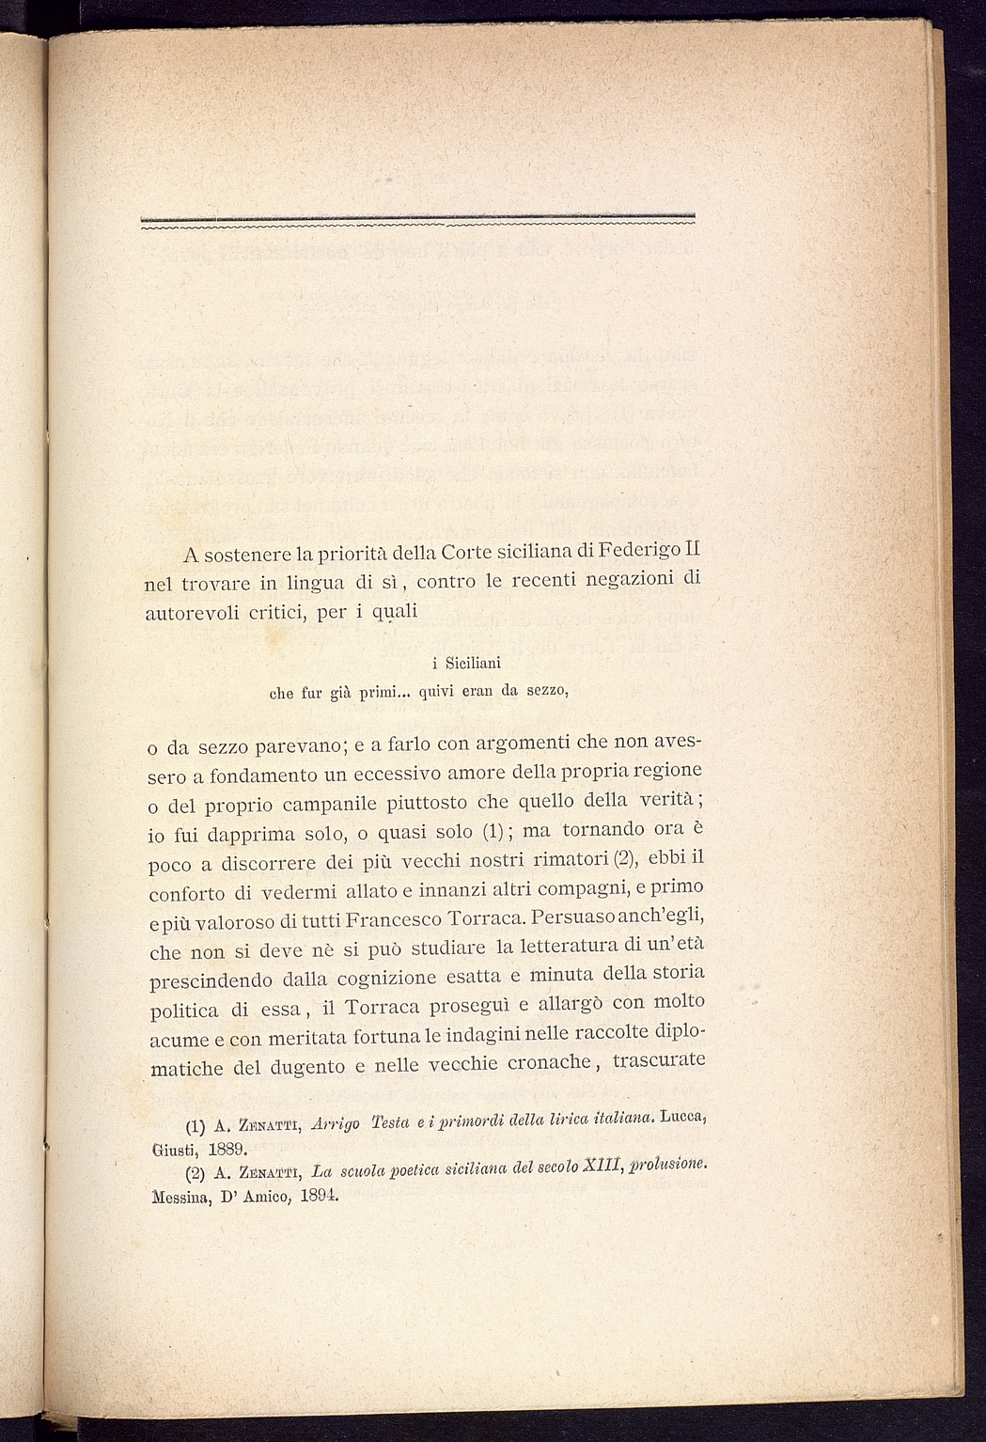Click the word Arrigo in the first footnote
click(336, 1124)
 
